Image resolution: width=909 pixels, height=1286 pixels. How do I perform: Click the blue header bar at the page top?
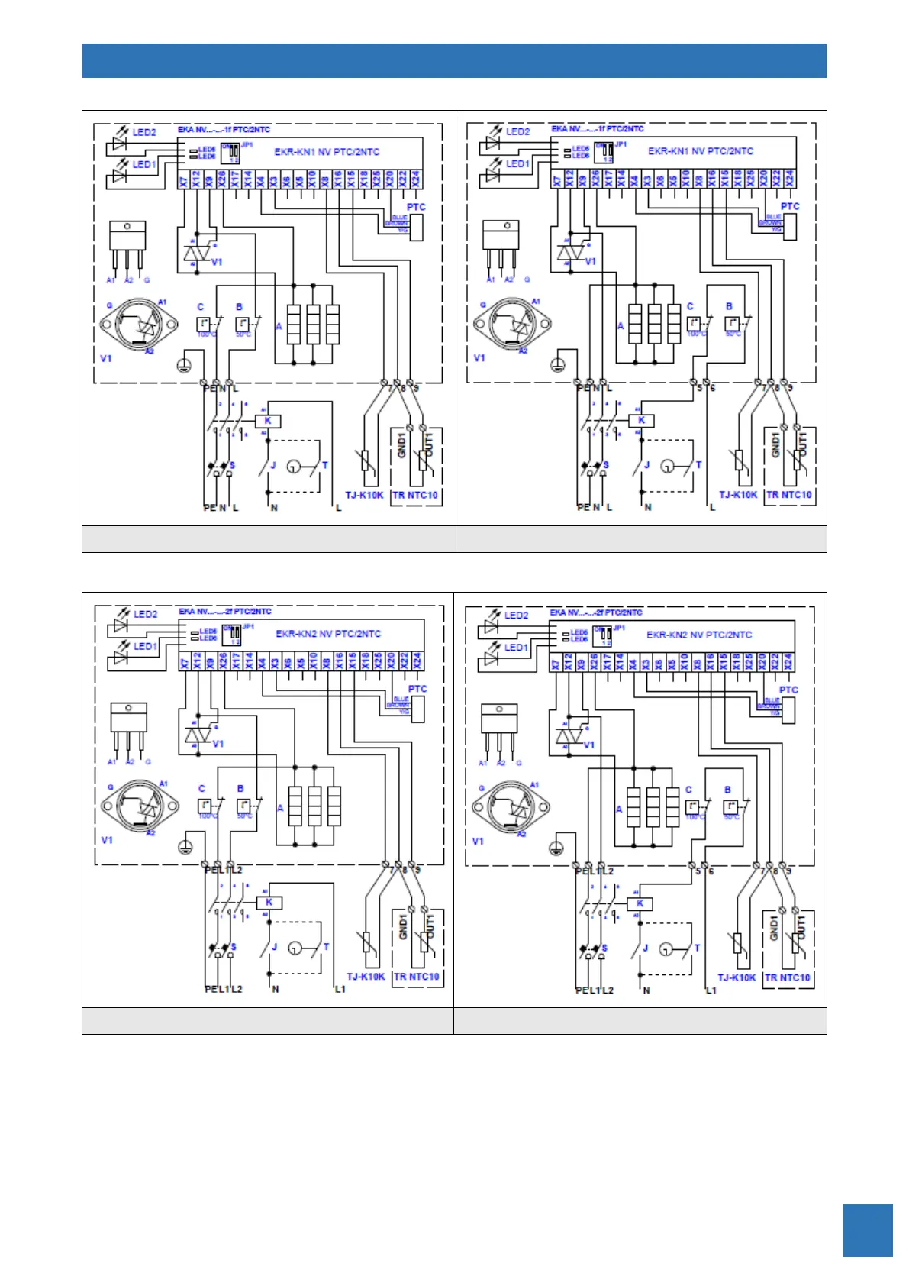point(454,60)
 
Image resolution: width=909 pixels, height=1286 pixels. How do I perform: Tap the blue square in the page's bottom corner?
point(867,1230)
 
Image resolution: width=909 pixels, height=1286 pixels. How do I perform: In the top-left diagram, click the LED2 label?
point(144,132)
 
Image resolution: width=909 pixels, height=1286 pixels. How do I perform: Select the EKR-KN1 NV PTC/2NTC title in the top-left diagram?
point(327,152)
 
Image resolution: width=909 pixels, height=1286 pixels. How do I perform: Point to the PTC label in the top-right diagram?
point(790,206)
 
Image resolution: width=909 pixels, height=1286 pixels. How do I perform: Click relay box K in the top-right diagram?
point(641,420)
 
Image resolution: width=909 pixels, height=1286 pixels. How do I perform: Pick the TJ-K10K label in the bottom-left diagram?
point(366,977)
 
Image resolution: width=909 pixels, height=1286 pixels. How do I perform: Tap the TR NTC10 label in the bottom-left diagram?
point(417,977)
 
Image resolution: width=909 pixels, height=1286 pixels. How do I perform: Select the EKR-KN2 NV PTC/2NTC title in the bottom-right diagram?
point(698,635)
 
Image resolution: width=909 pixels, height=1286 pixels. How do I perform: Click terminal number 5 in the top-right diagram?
point(700,388)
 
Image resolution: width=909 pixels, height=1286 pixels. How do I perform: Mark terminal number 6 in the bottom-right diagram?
point(711,871)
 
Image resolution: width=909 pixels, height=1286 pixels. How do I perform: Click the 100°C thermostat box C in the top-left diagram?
point(204,324)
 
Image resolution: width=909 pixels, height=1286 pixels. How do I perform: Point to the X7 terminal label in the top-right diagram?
point(557,179)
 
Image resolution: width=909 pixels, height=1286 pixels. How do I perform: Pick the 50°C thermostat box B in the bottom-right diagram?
point(730,806)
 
